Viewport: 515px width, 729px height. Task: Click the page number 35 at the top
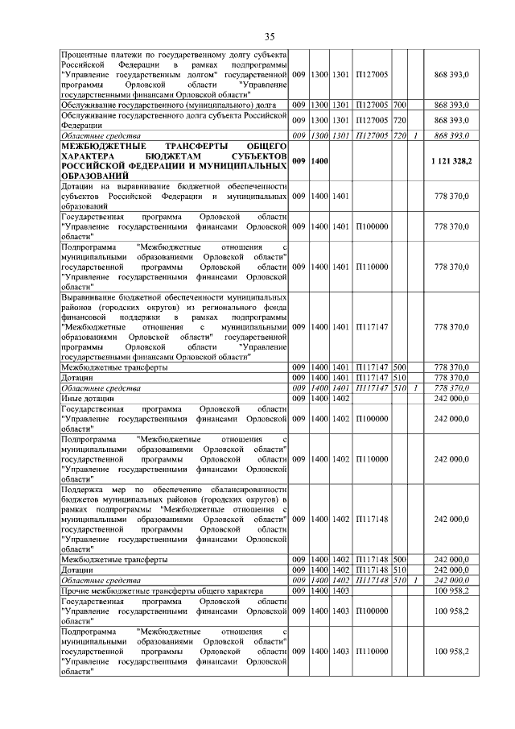coord(270,35)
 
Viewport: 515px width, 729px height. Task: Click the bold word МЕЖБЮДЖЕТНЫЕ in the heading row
coord(97,146)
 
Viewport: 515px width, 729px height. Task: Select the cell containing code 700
coord(400,105)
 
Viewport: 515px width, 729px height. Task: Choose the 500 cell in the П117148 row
coord(400,559)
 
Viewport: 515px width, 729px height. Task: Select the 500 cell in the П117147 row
coord(400,367)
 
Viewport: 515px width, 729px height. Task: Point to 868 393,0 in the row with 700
coord(452,105)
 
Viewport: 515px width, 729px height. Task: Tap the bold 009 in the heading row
coord(299,161)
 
